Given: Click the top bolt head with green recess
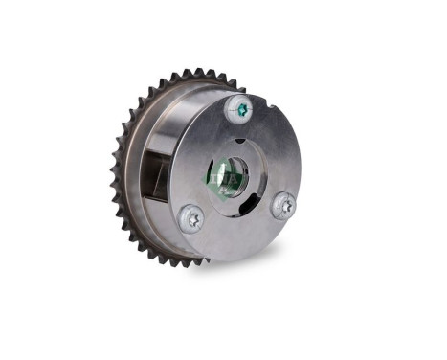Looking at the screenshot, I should [x=240, y=110].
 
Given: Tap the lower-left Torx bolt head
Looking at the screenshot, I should [x=190, y=217].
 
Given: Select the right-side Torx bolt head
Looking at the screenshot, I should [x=282, y=205].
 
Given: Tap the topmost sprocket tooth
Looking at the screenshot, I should [x=191, y=71].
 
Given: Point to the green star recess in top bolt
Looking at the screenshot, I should [x=241, y=110].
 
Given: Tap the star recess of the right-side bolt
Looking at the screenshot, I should [x=283, y=205].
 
